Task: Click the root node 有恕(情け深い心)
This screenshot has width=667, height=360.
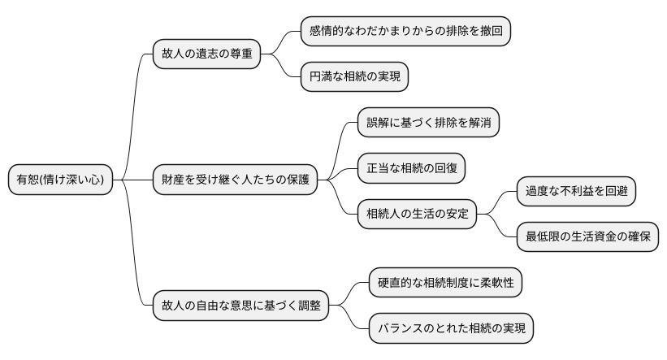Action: [x=60, y=179]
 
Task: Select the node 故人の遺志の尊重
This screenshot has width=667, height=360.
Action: [x=207, y=54]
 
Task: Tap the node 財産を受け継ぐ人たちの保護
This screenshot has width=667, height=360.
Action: [x=235, y=179]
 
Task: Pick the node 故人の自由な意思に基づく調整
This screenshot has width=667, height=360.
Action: [x=240, y=306]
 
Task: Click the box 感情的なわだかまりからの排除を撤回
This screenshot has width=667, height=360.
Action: [x=405, y=31]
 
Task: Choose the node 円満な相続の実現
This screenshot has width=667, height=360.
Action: [x=354, y=77]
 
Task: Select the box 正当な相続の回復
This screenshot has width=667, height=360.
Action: [x=415, y=168]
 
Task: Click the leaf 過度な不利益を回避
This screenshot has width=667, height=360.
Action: [x=576, y=191]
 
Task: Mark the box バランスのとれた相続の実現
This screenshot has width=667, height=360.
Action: [x=452, y=328]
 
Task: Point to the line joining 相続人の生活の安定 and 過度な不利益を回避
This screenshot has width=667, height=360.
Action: [x=496, y=202]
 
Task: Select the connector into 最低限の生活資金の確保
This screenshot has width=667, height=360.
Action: [x=496, y=226]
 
